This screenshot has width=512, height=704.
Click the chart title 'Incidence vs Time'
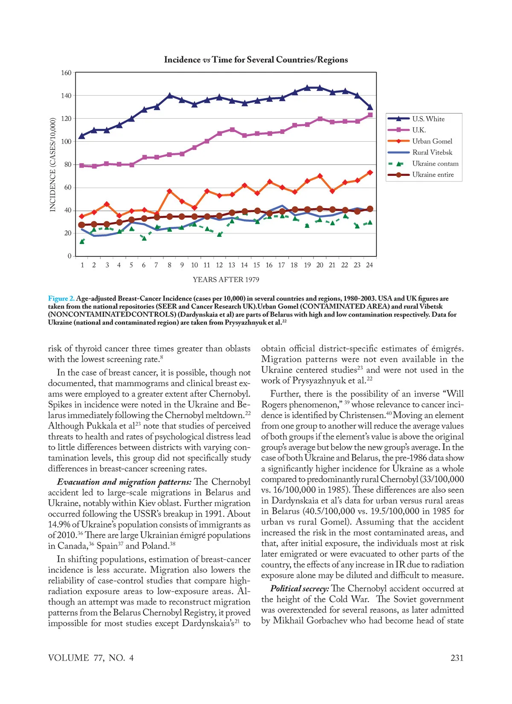point(256,60)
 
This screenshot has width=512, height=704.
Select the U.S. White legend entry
point(428,119)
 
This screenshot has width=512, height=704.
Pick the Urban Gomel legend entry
point(432,141)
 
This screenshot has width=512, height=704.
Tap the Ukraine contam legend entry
point(435,163)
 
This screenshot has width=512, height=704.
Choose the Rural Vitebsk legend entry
point(432,152)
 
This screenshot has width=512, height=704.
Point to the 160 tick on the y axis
point(66,73)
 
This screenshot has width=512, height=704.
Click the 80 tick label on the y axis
point(68,165)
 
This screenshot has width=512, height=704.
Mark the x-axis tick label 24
point(369,265)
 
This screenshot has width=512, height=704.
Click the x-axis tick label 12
point(219,265)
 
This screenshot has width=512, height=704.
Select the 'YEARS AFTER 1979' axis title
point(226,279)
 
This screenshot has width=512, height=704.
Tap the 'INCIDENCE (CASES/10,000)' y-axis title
point(53,165)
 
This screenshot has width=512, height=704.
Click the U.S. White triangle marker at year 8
point(170,95)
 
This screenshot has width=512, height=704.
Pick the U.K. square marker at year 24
point(370,115)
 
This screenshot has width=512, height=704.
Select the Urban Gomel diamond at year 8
point(169,191)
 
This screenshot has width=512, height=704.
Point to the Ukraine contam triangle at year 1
point(82,241)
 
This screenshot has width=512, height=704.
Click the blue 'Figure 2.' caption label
point(61,298)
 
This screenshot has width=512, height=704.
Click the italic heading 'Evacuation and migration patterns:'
point(124,482)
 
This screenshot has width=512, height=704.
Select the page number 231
point(457,658)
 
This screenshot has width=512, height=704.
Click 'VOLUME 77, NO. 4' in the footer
point(91,658)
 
